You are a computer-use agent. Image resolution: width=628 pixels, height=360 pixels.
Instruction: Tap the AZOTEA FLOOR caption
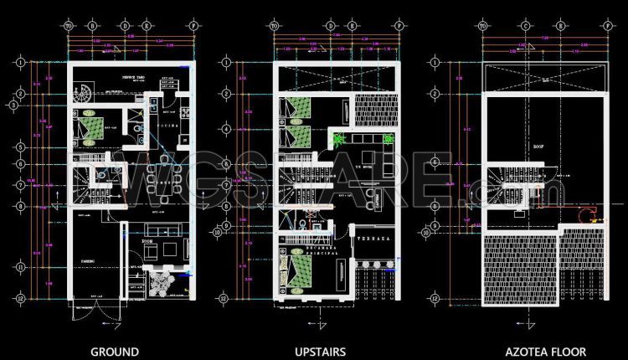(x=540, y=352)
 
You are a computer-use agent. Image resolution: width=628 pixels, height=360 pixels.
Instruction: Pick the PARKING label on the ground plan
(x=87, y=261)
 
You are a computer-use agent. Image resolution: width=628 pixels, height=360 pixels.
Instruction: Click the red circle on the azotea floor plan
(x=580, y=213)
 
